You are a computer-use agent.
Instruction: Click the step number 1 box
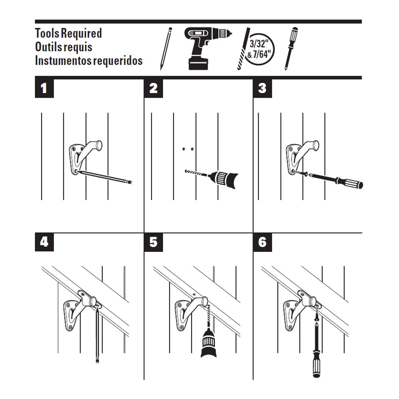[x=44, y=88]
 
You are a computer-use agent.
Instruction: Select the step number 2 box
[x=153, y=88]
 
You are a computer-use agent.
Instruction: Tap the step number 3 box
[x=262, y=88]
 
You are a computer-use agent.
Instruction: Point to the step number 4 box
[x=44, y=242]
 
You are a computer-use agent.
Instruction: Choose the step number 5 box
[x=153, y=242]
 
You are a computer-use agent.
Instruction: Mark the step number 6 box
[x=262, y=242]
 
